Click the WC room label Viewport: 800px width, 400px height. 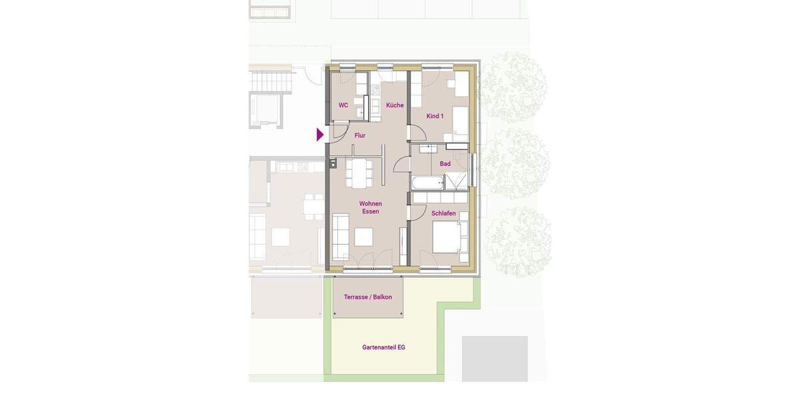343,105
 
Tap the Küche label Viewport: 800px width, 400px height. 395,105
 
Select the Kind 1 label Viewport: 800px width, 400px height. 435,116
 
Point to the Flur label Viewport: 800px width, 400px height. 360,135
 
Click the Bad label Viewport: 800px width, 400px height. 445,164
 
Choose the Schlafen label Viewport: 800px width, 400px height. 443,213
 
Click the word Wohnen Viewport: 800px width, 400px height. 370,203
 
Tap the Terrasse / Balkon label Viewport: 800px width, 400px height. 367,297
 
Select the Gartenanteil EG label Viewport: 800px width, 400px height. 383,347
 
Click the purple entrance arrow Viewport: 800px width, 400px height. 320,135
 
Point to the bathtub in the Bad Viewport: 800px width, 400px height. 427,183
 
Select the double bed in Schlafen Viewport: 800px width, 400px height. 449,237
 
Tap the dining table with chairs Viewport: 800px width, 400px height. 359,173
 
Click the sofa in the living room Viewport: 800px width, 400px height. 340,237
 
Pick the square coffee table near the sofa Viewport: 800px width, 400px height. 363,237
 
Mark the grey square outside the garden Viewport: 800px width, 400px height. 495,359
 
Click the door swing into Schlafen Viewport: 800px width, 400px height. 418,212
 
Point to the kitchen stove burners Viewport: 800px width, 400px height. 376,90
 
